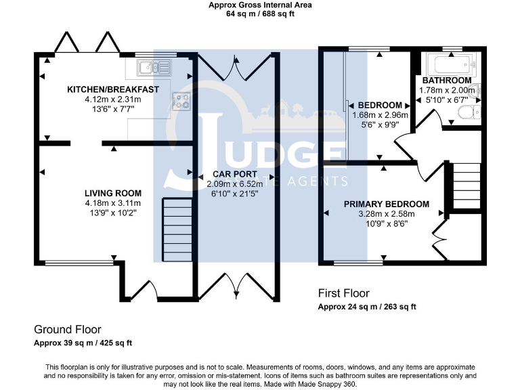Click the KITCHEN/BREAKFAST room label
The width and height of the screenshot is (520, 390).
pos(112,89)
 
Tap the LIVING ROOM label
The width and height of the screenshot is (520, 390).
pos(112,193)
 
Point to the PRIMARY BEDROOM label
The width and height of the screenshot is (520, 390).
pos(386,204)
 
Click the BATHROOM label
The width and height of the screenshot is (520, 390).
pos(447,81)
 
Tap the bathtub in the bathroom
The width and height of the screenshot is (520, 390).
pos(447,65)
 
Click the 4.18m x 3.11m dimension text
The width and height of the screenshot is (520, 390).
pos(112,202)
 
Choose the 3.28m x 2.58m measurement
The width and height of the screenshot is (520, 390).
pos(386,214)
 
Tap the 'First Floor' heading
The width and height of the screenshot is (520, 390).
pos(344,293)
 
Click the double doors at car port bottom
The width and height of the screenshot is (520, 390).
pos(235,286)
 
